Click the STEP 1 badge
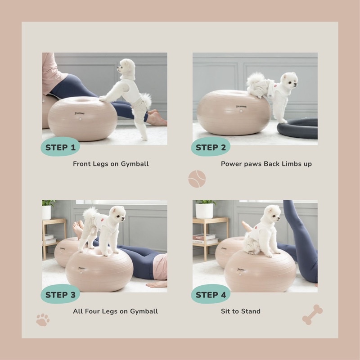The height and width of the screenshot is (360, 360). click(x=60, y=147)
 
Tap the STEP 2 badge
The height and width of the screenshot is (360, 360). click(x=211, y=147)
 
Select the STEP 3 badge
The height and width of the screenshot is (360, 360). click(x=60, y=294)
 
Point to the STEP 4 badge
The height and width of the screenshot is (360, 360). click(x=211, y=294)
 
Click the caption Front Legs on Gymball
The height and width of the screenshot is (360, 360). click(x=111, y=164)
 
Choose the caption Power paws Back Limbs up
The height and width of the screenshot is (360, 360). click(x=266, y=164)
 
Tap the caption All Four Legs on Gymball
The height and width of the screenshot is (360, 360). click(x=115, y=311)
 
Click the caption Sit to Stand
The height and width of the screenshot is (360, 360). click(x=241, y=311)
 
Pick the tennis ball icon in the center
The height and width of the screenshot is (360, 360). click(x=197, y=179)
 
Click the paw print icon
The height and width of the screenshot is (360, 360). click(x=43, y=319)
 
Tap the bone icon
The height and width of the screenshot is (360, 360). click(x=312, y=315)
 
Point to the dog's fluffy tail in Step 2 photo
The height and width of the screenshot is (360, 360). click(x=256, y=79)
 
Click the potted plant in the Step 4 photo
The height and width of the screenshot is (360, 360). click(x=205, y=209)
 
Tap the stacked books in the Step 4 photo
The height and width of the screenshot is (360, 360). click(x=205, y=239)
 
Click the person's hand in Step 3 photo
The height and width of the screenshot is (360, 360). click(x=156, y=284)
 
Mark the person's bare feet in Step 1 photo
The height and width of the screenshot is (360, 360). click(x=157, y=118)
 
